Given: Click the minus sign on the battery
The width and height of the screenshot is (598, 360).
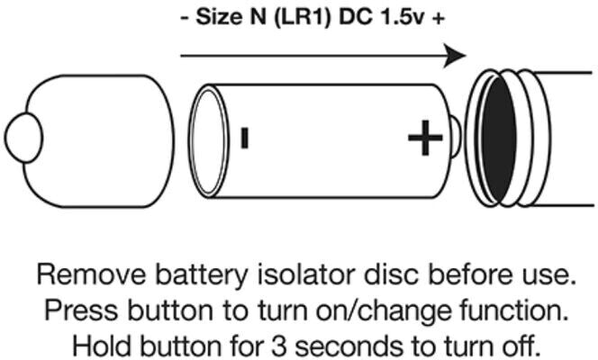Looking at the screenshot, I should click(x=243, y=138).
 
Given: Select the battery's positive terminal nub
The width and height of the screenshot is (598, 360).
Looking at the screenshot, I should click(x=456, y=137).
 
